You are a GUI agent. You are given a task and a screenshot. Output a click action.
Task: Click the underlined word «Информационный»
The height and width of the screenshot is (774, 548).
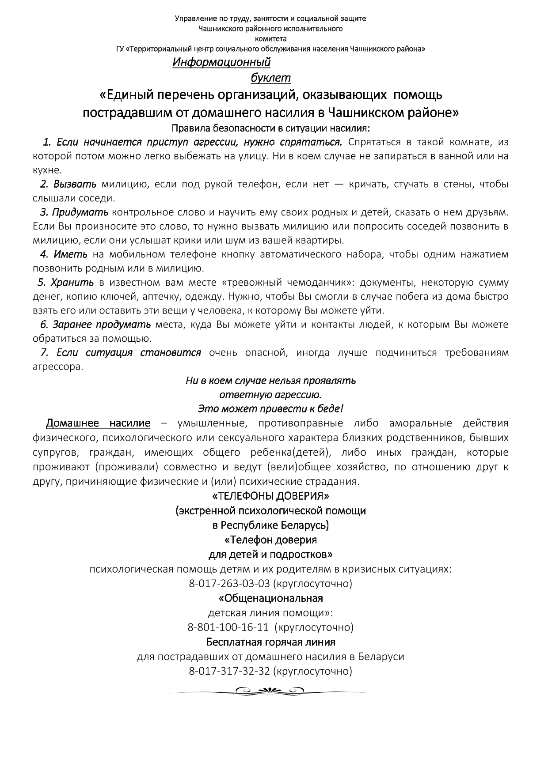pos(221,62)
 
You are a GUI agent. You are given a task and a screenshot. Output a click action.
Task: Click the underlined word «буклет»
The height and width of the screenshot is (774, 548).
pos(270,78)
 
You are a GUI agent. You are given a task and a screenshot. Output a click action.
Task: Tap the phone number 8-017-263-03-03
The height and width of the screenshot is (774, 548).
pos(229,584)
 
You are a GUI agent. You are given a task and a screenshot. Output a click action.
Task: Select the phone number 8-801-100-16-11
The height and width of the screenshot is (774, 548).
pos(228,627)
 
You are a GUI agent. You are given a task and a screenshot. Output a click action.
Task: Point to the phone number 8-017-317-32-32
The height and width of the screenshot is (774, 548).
pos(229,672)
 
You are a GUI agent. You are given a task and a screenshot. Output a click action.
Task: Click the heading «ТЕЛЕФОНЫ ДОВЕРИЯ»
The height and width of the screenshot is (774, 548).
pos(270,496)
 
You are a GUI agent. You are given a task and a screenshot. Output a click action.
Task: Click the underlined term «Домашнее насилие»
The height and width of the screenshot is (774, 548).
pos(98,423)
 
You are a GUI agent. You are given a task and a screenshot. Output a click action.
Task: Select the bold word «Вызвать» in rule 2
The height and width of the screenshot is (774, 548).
pos(75,184)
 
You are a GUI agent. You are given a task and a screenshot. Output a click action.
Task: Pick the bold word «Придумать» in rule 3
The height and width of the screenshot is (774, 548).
pos(80,212)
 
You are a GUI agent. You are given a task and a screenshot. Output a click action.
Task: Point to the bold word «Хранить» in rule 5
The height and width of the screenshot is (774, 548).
pos(72,283)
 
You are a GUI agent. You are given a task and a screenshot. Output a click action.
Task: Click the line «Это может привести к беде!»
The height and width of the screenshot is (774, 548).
pos(270,408)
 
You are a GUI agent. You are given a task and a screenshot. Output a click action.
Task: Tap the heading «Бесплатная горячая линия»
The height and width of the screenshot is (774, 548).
pos(270,642)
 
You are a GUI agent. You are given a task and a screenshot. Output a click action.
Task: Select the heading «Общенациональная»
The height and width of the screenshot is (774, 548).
pos(270,598)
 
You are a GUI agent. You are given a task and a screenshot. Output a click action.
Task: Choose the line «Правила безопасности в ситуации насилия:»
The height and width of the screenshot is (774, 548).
pos(270,128)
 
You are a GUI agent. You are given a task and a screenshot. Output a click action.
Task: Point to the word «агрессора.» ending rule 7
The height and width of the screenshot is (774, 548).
pos(58,367)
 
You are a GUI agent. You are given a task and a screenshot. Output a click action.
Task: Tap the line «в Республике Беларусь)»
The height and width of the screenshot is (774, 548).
pos(270,525)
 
